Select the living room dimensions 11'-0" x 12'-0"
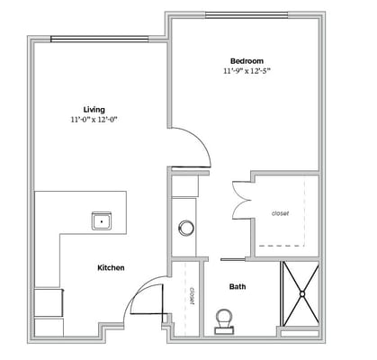tap(94, 120)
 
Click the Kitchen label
tap(111, 267)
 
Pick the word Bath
tap(238, 287)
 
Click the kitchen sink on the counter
tap(101, 219)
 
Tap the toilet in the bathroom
tap(224, 319)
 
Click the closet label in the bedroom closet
tap(280, 213)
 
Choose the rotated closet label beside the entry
tap(192, 296)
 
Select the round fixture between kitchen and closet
tap(187, 227)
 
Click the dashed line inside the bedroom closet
tap(289, 245)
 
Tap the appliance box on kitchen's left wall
tap(40, 302)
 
